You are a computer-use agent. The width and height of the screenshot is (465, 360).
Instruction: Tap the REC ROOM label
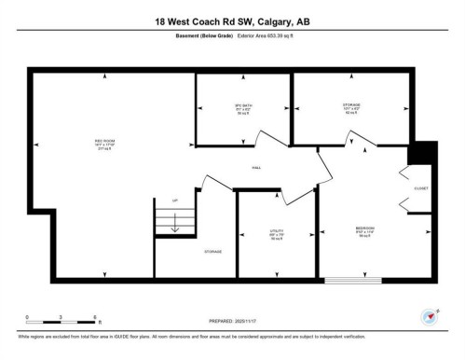tap(90, 141)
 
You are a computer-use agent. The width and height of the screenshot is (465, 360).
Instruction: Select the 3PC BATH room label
tap(243, 105)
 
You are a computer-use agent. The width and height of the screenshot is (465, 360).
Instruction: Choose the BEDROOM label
tap(364, 228)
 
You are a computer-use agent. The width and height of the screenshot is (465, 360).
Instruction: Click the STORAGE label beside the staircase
tap(214, 252)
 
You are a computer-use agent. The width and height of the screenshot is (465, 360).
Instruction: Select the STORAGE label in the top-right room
tap(351, 105)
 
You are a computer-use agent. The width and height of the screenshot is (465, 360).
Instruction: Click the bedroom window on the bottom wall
tap(352, 280)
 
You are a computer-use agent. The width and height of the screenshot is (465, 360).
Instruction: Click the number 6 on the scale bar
tap(98, 317)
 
